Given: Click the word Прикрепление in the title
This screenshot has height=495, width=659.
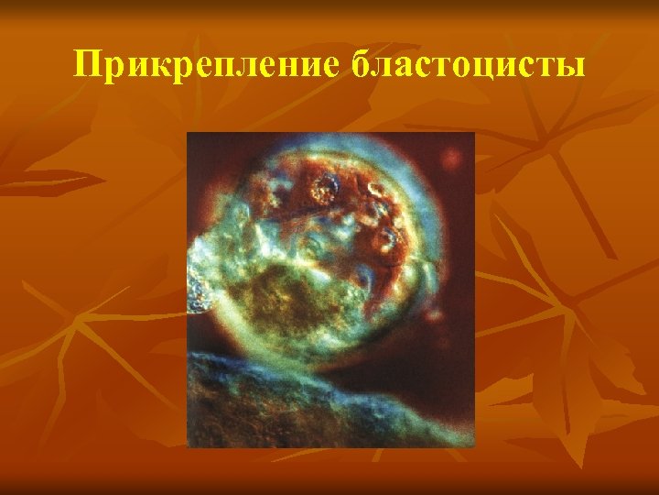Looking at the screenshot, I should click(x=206, y=66).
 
